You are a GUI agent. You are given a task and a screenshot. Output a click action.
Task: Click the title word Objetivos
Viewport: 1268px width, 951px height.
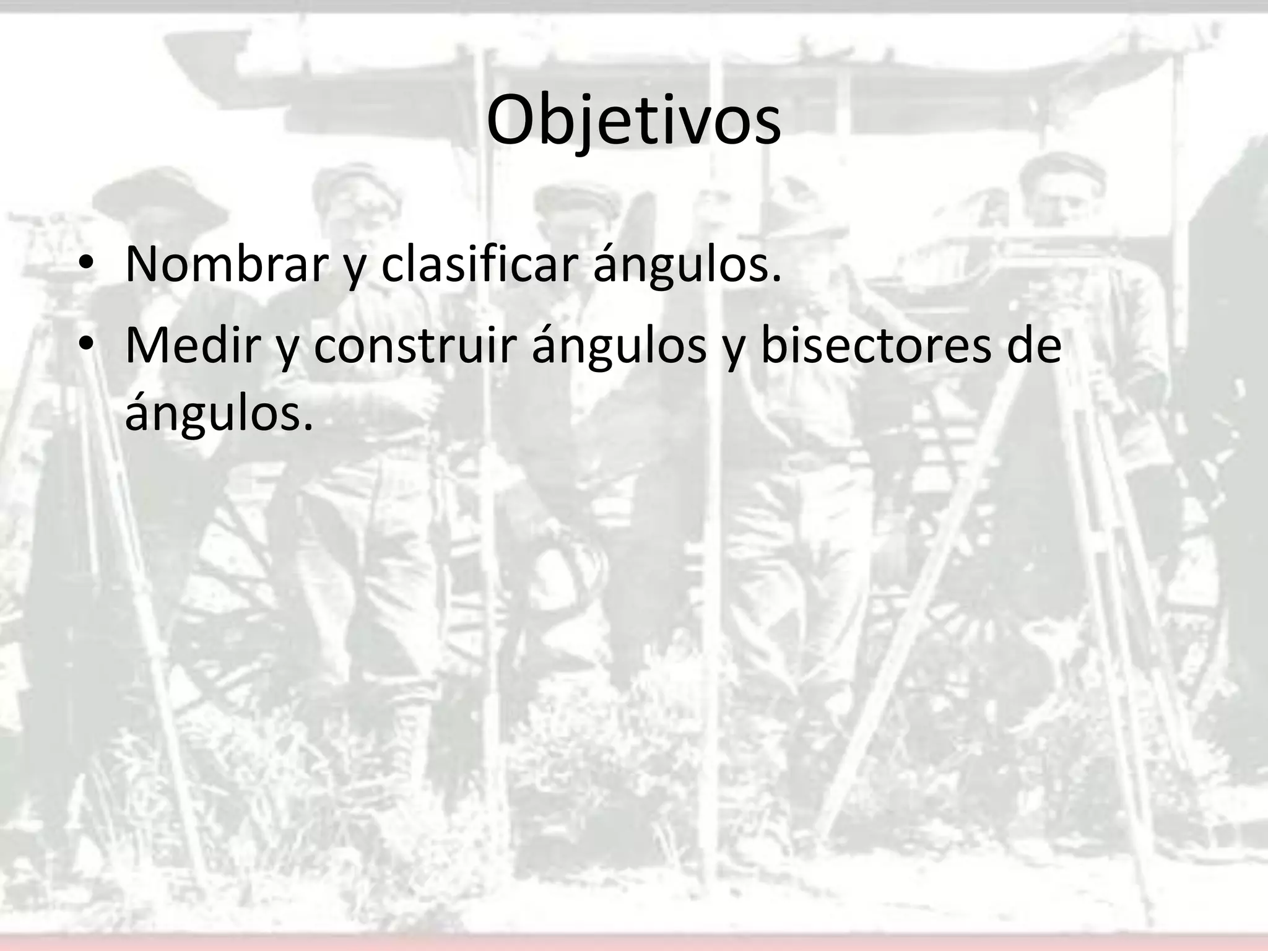point(633,121)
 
